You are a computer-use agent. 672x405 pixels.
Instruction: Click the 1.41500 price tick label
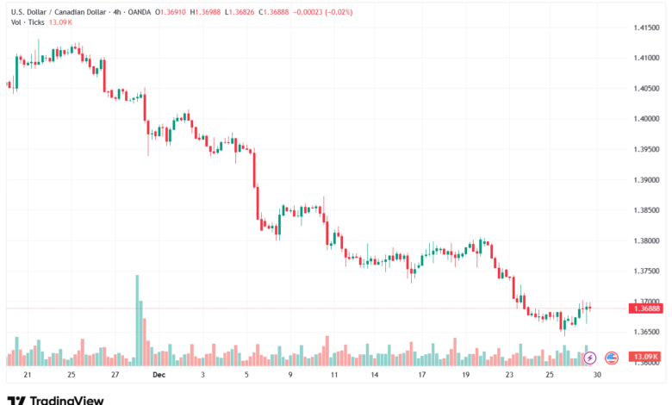tap(646, 28)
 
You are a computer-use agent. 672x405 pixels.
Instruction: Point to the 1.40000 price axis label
tap(646, 119)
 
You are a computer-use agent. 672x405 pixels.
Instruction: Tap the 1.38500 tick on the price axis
tap(646, 210)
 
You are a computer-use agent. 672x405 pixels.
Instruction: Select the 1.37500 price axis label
tap(646, 271)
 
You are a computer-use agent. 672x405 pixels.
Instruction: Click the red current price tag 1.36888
tap(646, 308)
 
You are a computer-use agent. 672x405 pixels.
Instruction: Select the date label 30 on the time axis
tap(597, 376)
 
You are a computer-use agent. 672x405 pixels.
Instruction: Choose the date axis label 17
tap(422, 376)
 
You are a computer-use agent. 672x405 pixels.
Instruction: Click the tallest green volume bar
tap(136, 319)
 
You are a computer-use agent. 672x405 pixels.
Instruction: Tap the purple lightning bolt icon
tap(590, 357)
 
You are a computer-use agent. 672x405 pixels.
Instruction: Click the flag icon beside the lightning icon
tap(612, 357)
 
